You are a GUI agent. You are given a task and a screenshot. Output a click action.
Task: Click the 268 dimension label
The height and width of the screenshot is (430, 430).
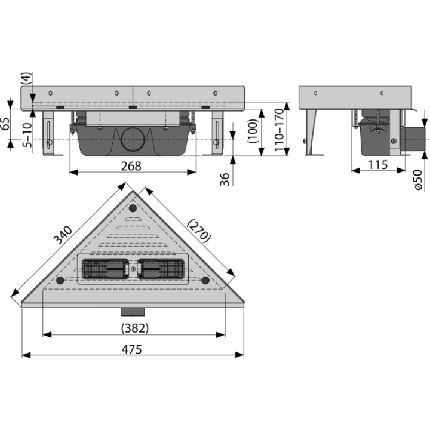[131, 166]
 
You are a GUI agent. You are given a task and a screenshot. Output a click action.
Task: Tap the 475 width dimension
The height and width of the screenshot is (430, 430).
[131, 349]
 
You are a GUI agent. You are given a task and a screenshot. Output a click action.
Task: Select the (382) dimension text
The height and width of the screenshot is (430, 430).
[135, 328]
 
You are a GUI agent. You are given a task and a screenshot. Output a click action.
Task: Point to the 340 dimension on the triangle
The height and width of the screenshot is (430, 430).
[63, 235]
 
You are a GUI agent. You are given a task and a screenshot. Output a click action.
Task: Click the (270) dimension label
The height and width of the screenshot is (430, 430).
[199, 231]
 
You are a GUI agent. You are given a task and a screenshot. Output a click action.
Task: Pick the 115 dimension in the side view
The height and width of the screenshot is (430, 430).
[378, 165]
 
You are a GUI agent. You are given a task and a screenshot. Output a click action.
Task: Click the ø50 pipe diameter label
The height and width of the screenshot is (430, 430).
[418, 180]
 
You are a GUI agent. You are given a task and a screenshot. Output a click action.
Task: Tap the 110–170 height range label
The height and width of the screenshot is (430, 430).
[279, 130]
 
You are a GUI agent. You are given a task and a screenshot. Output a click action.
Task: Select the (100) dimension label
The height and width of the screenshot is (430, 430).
[253, 131]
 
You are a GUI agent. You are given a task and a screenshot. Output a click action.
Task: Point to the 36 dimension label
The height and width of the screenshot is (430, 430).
[225, 179]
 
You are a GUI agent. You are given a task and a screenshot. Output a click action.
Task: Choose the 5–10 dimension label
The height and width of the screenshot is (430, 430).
[27, 135]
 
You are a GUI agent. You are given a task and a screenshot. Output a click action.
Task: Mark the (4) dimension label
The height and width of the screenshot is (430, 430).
[26, 78]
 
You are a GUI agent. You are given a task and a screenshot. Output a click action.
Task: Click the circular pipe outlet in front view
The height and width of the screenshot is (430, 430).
[133, 139]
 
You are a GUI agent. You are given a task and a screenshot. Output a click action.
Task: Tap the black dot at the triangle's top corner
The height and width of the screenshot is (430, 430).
[133, 208]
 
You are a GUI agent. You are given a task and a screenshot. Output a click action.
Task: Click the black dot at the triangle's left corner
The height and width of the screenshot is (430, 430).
[60, 280]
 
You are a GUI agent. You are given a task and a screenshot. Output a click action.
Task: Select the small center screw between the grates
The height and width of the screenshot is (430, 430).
[133, 269]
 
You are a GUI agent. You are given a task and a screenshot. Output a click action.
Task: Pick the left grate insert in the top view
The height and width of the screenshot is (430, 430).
[105, 269]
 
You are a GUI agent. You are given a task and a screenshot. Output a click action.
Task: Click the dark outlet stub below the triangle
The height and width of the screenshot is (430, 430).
[133, 312]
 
